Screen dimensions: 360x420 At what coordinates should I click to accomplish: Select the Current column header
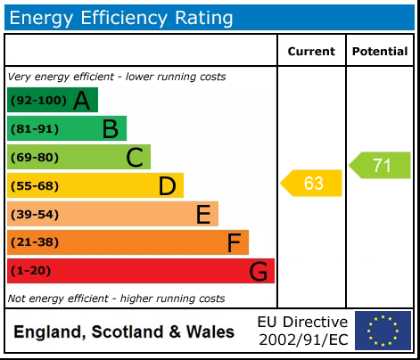[x=311, y=52]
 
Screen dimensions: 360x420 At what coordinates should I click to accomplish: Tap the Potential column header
[x=380, y=52]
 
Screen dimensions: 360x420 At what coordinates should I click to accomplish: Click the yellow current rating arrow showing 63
[x=311, y=184]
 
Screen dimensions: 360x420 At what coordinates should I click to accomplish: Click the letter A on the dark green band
[x=81, y=101]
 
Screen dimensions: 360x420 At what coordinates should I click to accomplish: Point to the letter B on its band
[x=110, y=129]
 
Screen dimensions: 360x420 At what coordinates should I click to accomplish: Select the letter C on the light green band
[x=135, y=158]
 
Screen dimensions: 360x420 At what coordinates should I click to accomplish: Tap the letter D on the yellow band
[x=167, y=186]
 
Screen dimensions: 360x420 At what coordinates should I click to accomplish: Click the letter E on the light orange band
[x=202, y=214]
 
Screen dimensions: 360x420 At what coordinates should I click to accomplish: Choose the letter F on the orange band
[x=234, y=242]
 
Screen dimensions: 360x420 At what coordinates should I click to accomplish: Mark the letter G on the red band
[x=258, y=271]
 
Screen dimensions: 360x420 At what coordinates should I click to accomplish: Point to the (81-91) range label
[x=35, y=129]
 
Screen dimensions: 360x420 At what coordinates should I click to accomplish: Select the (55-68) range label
[x=35, y=186]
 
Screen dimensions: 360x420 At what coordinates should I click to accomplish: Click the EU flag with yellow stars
[x=383, y=331]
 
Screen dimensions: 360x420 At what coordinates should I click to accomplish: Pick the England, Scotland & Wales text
[x=124, y=332]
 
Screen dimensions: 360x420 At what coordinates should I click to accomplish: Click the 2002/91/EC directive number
[x=302, y=340]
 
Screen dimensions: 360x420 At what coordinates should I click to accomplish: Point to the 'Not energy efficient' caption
[x=116, y=299]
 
